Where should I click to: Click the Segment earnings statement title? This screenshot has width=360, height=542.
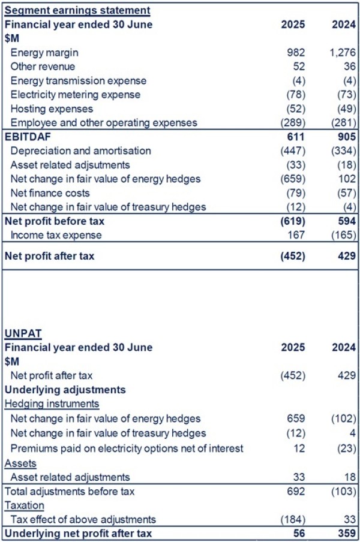(x=77, y=10)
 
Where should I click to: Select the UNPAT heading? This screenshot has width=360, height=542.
(x=23, y=333)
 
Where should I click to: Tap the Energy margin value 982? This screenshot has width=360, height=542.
(x=296, y=53)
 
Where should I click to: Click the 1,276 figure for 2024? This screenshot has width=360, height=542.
(x=343, y=53)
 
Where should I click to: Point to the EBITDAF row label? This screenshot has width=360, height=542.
(x=28, y=137)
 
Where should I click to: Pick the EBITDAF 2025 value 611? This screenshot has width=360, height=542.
(x=296, y=137)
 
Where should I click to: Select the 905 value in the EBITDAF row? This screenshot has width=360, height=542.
(x=347, y=137)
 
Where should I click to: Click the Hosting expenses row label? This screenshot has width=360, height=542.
(x=52, y=109)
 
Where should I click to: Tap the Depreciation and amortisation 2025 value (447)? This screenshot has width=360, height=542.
(x=293, y=151)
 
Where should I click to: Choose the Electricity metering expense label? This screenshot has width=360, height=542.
(x=76, y=95)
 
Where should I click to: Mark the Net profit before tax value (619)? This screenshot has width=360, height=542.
(x=293, y=221)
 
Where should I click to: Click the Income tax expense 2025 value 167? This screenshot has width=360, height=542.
(x=296, y=235)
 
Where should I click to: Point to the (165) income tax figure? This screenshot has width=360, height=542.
(x=343, y=235)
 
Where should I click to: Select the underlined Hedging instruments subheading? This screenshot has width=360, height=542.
(x=52, y=404)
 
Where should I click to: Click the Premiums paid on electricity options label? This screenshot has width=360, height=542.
(x=127, y=448)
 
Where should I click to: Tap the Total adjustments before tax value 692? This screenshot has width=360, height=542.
(x=296, y=492)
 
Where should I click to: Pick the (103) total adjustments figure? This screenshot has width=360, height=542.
(x=343, y=492)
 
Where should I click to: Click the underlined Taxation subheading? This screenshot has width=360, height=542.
(x=24, y=505)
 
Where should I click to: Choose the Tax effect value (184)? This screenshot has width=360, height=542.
(x=293, y=520)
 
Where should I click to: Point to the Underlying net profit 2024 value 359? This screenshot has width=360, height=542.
(x=347, y=534)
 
